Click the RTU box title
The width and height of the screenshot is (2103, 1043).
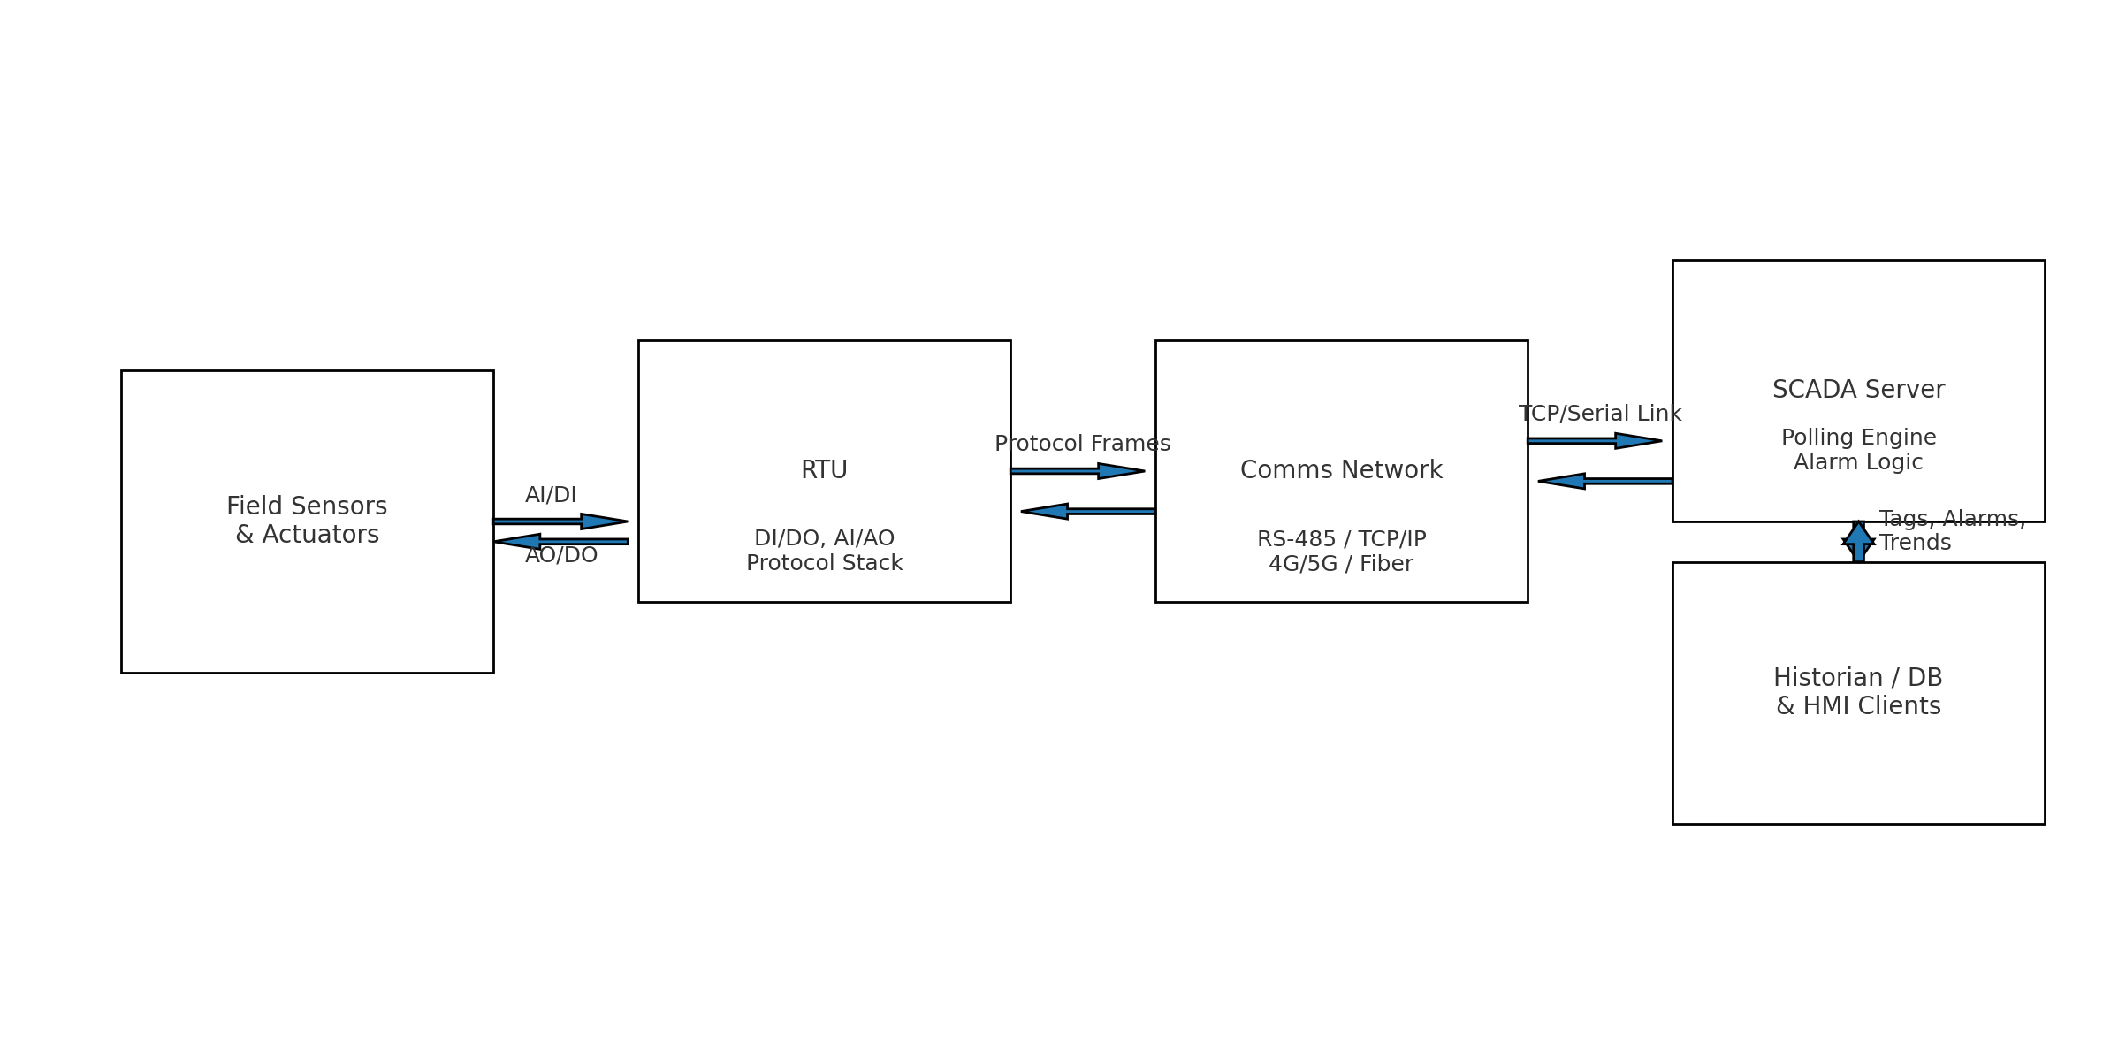pyautogui.click(x=824, y=470)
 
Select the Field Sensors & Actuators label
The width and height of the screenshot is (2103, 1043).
pyautogui.click(x=307, y=521)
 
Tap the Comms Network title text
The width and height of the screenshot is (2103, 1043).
pyautogui.click(x=1341, y=470)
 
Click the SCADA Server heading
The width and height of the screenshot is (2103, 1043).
pyautogui.click(x=1858, y=390)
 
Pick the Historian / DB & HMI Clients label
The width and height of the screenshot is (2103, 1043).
pyautogui.click(x=1858, y=692)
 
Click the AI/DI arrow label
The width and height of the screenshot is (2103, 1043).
pyautogui.click(x=551, y=495)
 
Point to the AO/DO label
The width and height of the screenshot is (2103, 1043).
pyautogui.click(x=561, y=556)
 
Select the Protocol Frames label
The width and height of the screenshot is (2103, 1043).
pyautogui.click(x=1082, y=444)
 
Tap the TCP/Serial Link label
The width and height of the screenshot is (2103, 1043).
pyautogui.click(x=1599, y=414)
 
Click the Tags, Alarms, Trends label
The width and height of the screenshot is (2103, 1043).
pyautogui.click(x=1951, y=531)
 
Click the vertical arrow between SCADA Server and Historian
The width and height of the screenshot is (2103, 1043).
pyautogui.click(x=1858, y=542)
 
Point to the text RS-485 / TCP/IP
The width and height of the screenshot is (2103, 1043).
pyautogui.click(x=1341, y=539)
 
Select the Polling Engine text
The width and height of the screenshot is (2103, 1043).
pyautogui.click(x=1858, y=438)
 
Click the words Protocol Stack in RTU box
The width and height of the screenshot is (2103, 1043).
pyautogui.click(x=824, y=564)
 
